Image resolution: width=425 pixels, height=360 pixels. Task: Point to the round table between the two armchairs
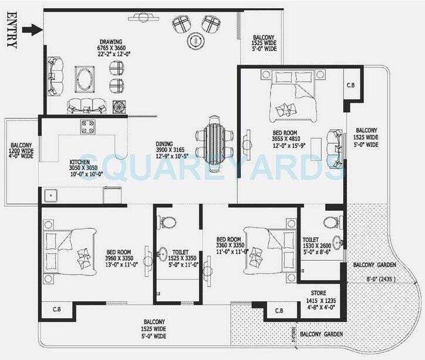(195, 40)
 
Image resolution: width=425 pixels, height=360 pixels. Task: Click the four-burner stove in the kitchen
(88, 126)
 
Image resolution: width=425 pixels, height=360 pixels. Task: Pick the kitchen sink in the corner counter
(49, 196)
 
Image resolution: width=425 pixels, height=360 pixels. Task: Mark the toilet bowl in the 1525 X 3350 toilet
(168, 223)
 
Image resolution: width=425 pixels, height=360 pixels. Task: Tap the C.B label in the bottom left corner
(57, 309)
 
